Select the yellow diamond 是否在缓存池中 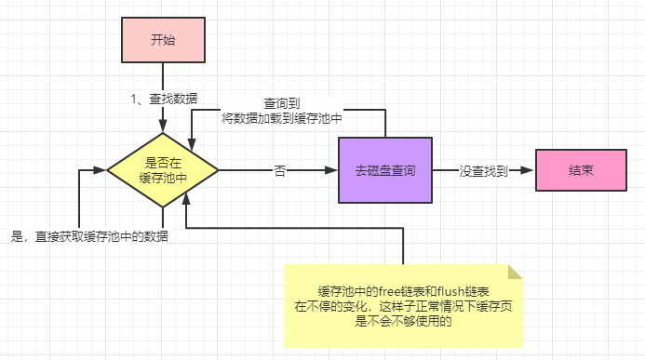(x=163, y=170)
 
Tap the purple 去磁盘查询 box (x=384, y=170)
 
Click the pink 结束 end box (x=582, y=170)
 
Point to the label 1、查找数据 (x=163, y=98)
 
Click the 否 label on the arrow (x=278, y=171)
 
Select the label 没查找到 (x=484, y=171)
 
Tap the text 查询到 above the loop (x=282, y=104)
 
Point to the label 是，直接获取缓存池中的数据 (x=88, y=236)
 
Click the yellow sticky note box (x=403, y=307)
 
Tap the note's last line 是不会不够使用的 (x=403, y=322)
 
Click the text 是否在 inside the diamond (x=163, y=163)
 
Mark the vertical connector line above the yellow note (x=403, y=247)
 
